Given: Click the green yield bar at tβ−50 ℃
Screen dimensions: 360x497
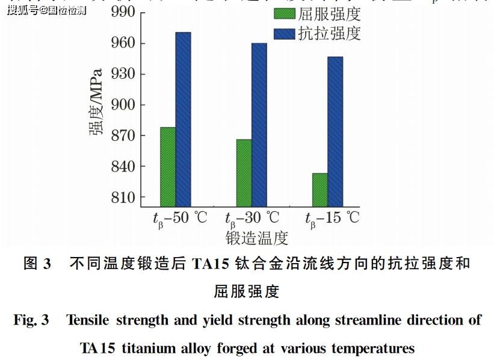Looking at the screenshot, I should (x=168, y=167).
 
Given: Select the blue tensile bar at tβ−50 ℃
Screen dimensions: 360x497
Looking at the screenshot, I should (x=184, y=119).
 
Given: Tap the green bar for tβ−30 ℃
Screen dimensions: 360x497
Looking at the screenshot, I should (x=244, y=173).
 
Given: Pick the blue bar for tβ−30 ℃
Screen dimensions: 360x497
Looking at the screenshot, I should (x=259, y=125).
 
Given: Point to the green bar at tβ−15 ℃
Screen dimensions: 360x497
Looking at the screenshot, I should (x=319, y=190).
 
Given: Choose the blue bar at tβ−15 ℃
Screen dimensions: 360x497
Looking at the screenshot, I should (x=335, y=132).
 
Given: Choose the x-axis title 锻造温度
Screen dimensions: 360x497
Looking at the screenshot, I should (x=257, y=237).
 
